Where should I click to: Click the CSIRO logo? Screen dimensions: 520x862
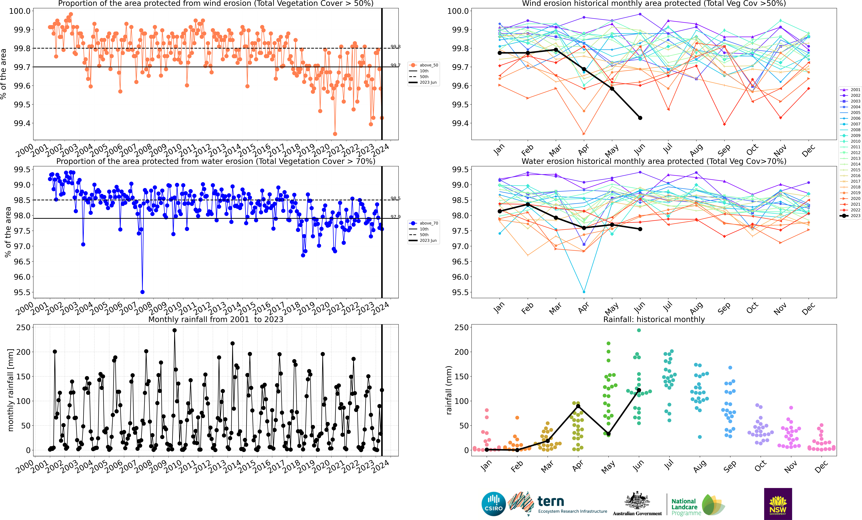tap(493, 504)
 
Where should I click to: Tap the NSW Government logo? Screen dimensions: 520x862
tap(778, 504)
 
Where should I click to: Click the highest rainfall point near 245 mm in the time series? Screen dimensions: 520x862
tap(175, 330)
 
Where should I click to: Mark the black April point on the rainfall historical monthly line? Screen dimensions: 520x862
tap(578, 406)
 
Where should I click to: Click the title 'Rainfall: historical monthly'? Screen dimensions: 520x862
tap(654, 319)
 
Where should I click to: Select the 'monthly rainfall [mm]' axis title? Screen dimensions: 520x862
tap(10, 390)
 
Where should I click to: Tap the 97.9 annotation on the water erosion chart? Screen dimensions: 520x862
tap(395, 217)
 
